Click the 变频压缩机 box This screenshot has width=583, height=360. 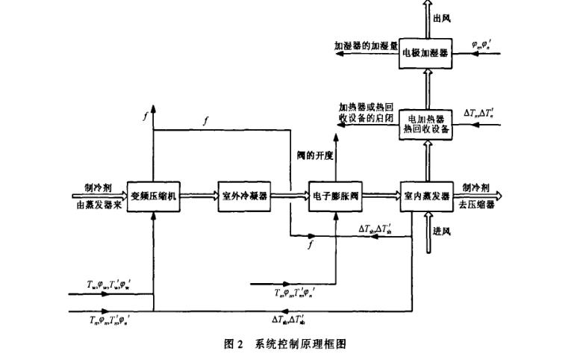(152, 196)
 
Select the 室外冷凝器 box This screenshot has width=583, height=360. (243, 196)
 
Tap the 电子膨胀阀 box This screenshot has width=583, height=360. (334, 196)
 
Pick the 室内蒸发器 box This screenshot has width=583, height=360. (425, 196)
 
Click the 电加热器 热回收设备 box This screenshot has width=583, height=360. (425, 124)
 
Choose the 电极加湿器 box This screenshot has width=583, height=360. (425, 54)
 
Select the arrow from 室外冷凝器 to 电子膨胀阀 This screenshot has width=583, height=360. (289, 196)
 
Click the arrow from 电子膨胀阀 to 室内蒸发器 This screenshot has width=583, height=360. (380, 196)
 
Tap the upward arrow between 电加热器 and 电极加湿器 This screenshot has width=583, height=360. (425, 89)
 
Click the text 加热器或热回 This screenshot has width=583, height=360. (364, 108)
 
